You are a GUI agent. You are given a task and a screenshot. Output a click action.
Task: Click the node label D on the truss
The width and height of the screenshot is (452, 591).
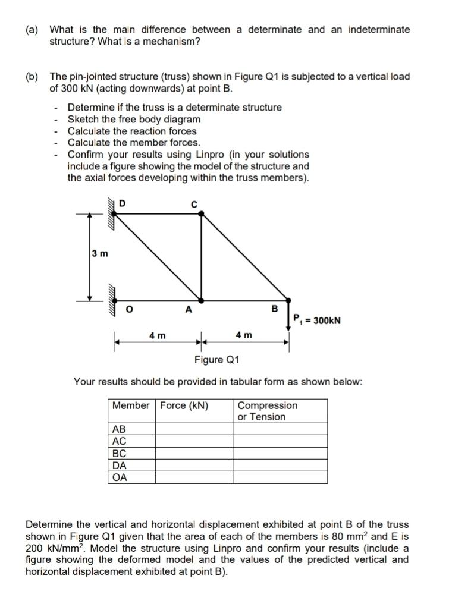(122, 204)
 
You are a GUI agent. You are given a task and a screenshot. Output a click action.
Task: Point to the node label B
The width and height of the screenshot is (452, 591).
(274, 309)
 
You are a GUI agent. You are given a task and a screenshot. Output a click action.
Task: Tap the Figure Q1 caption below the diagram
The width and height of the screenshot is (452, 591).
(217, 360)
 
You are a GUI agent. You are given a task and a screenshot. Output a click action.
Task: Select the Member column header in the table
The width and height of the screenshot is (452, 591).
(131, 405)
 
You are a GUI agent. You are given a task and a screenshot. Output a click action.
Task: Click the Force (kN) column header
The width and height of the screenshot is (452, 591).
(184, 405)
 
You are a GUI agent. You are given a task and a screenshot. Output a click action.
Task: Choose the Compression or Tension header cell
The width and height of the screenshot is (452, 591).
(267, 411)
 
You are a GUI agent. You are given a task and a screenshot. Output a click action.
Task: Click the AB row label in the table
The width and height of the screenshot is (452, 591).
(120, 429)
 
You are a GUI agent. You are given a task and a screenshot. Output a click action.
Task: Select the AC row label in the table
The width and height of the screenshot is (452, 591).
(120, 441)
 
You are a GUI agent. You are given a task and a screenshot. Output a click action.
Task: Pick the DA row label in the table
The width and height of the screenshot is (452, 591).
(120, 466)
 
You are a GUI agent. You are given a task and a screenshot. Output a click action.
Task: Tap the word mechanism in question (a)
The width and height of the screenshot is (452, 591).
(173, 42)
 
